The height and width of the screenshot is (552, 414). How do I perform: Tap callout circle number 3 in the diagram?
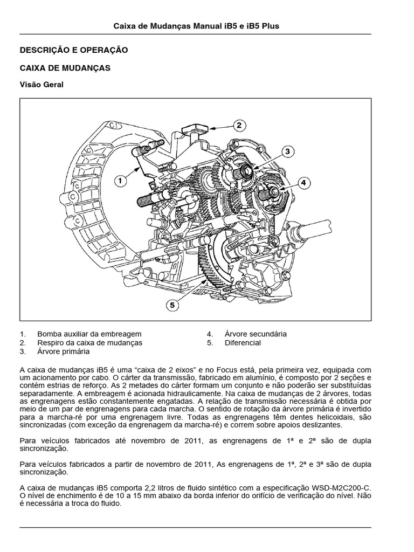(288, 151)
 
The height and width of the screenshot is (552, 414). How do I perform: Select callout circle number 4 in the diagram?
(302, 182)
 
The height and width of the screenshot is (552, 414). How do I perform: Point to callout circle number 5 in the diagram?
(172, 305)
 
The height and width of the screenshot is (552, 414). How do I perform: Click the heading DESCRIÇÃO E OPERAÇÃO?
(73, 50)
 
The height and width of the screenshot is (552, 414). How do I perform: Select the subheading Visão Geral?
(42, 84)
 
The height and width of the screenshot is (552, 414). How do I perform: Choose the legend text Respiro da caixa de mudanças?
(89, 342)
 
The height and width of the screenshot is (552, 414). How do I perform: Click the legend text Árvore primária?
(63, 351)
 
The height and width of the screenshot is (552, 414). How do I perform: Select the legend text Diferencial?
(243, 342)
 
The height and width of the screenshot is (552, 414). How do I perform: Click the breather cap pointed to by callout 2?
(192, 129)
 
